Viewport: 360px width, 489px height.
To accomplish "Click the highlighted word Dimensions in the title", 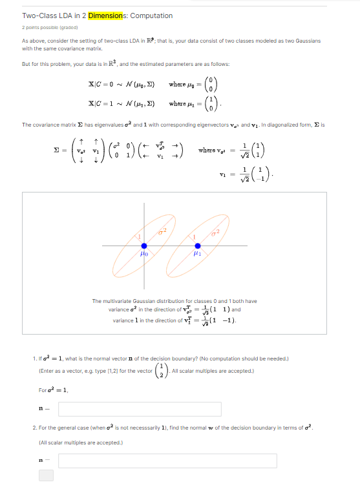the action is [107, 16].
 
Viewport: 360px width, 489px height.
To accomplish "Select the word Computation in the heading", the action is [152, 16].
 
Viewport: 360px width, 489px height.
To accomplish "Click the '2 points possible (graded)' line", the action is [50, 28].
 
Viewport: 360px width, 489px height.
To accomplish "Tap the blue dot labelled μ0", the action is [144, 246].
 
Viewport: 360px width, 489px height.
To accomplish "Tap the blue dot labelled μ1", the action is [198, 246].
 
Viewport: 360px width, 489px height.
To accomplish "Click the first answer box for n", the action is [140, 409].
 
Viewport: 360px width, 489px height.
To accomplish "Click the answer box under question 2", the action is [167, 461].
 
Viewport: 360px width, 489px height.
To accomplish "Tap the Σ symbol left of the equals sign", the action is [57, 150].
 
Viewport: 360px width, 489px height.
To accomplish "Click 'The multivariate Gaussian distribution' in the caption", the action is [134, 301].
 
